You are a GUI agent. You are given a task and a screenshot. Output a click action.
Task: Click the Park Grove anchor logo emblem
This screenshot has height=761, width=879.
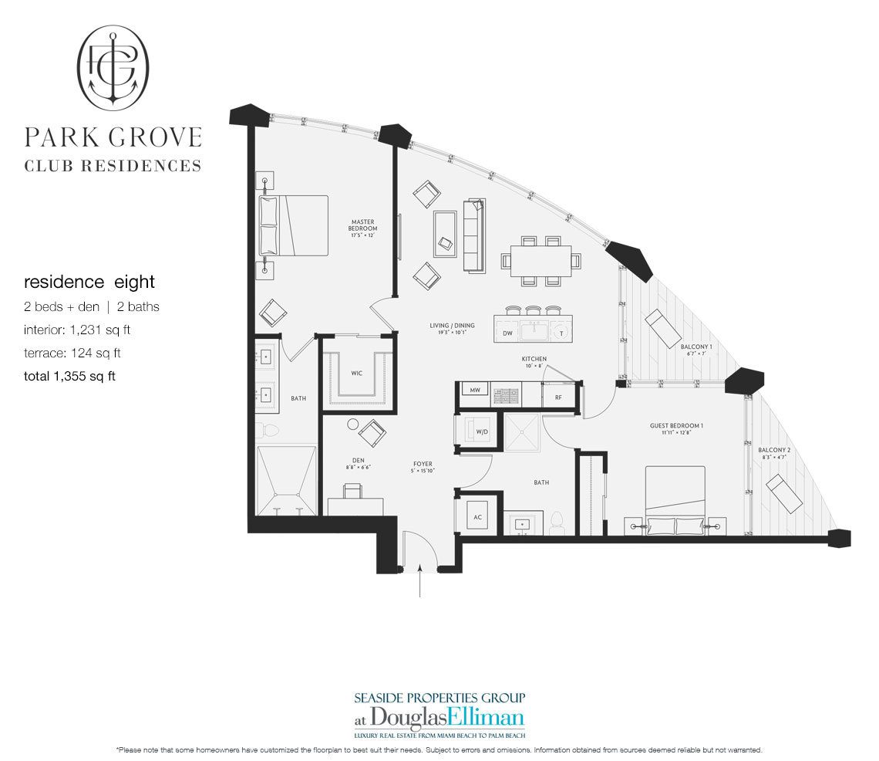tap(113, 67)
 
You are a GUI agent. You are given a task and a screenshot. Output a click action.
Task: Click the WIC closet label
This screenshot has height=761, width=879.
tap(356, 373)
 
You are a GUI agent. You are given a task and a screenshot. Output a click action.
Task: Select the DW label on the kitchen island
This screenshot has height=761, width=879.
tap(507, 333)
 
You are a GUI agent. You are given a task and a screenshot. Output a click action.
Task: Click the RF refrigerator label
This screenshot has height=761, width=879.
tap(557, 397)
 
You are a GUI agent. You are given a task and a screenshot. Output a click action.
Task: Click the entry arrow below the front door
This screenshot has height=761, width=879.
tap(419, 583)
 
